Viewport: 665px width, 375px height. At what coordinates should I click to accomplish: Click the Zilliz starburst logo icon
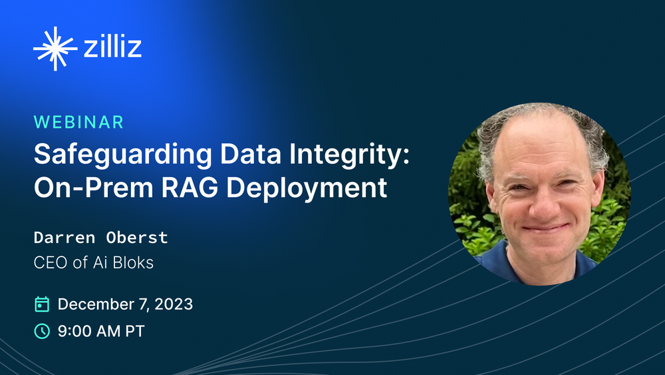point(55,49)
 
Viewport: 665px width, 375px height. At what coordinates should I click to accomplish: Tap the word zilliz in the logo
point(113,46)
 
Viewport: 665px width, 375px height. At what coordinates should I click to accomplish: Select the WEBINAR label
point(79,123)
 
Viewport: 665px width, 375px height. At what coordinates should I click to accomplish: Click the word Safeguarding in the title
point(122,155)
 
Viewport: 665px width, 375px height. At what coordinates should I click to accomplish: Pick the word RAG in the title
point(189,187)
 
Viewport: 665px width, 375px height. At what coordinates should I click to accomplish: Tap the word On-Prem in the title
point(93,187)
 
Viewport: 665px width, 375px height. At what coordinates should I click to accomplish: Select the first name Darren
point(65,237)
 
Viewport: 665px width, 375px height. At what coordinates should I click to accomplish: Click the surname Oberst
point(137,237)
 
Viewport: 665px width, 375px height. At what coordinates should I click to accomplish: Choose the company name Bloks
point(133,262)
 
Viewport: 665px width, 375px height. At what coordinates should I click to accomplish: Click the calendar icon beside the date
point(41,304)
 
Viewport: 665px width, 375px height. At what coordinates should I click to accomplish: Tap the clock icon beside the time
point(41,331)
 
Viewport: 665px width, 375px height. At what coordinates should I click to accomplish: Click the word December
point(96,304)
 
